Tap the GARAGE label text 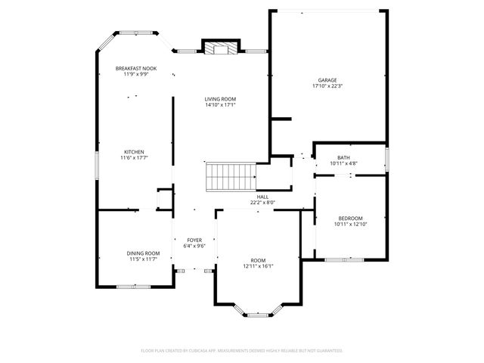coord(327,80)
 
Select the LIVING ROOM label coord(220,99)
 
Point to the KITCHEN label coord(134,152)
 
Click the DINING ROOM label coord(142,253)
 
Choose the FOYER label coord(195,240)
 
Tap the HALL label coord(262,197)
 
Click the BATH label coord(334,157)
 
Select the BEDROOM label coord(350,218)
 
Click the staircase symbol coord(231,177)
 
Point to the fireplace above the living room coord(220,48)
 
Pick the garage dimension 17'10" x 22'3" coord(327,86)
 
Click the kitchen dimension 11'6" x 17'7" coord(134,158)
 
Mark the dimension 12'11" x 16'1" coord(258,266)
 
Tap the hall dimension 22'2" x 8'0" coord(262,202)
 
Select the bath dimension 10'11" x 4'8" coord(334,163)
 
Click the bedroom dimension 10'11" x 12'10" coord(350,224)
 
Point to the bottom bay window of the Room coord(257,312)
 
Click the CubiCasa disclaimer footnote coord(242,351)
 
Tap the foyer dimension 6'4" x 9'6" coord(195,246)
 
